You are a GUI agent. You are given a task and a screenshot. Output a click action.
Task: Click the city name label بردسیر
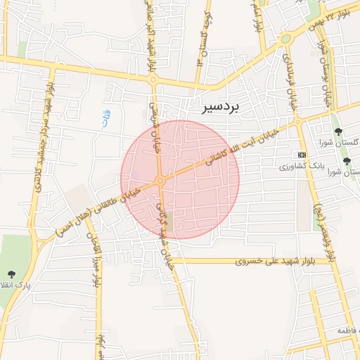click(x=221, y=107)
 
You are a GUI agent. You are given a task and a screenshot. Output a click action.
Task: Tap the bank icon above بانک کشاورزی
click(x=302, y=154)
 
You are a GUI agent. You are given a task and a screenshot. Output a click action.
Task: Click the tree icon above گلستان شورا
click(x=338, y=131)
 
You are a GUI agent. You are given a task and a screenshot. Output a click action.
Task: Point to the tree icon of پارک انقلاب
click(x=11, y=274)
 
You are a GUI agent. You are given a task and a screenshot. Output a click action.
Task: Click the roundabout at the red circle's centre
click(x=161, y=181)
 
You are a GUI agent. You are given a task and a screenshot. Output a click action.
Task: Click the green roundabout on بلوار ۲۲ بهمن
click(x=285, y=39)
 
